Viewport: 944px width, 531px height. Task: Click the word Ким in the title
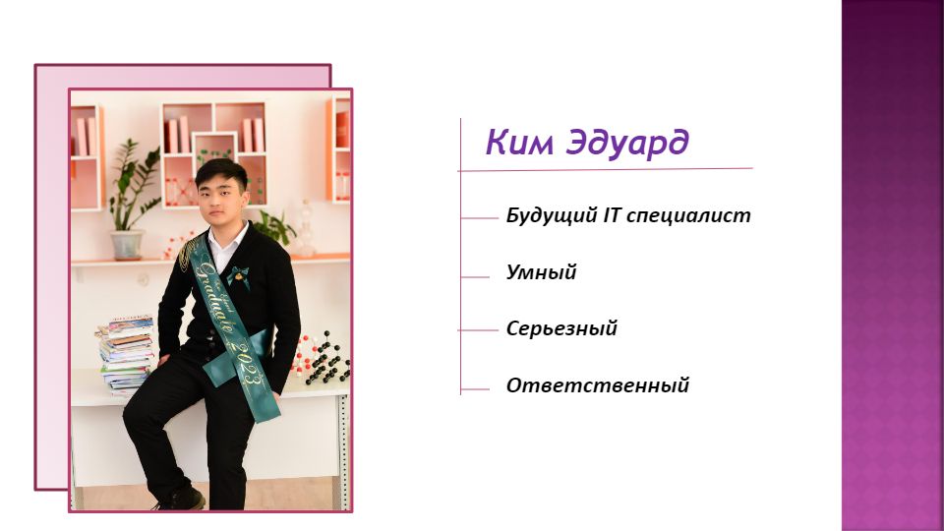[519, 142]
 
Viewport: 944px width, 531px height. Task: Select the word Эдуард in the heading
[628, 144]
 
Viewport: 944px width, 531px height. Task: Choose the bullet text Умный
[541, 272]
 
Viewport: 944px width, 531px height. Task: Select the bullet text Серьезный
[561, 328]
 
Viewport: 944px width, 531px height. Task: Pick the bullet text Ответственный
[597, 385]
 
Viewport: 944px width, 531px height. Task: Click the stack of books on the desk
[126, 355]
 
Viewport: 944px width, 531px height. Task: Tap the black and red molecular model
[321, 359]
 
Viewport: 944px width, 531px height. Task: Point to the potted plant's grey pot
[127, 245]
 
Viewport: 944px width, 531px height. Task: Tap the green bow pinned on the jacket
[238, 276]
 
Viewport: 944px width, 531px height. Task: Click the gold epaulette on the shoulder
[188, 252]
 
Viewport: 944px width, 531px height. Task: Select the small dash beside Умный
[476, 277]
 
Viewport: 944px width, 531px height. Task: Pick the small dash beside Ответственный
[476, 389]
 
